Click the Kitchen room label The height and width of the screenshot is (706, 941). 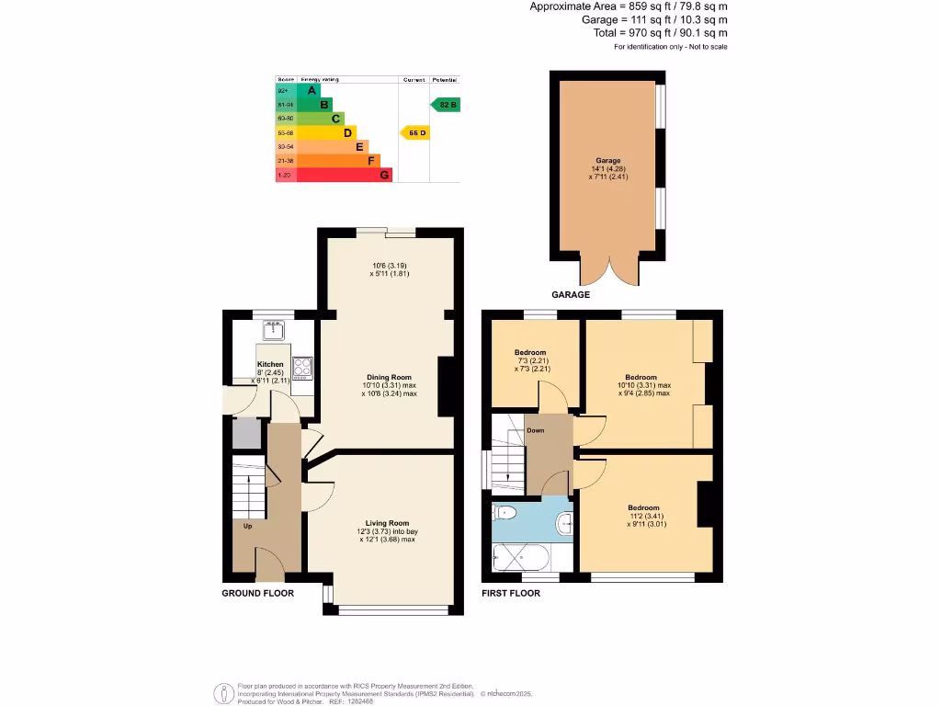[270, 365]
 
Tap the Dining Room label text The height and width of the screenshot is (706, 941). [389, 378]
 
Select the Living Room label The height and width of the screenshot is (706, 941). [387, 523]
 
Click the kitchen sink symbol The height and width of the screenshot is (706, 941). [273, 327]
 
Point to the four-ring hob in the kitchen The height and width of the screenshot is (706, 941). [303, 367]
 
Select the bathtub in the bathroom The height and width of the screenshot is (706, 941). [519, 557]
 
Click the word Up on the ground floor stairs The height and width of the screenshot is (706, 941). [248, 527]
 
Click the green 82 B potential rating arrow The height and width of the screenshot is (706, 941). [445, 105]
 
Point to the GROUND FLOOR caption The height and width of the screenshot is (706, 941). [258, 594]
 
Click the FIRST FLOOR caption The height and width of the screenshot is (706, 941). [511, 594]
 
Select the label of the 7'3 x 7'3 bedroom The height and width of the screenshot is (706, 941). [530, 353]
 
